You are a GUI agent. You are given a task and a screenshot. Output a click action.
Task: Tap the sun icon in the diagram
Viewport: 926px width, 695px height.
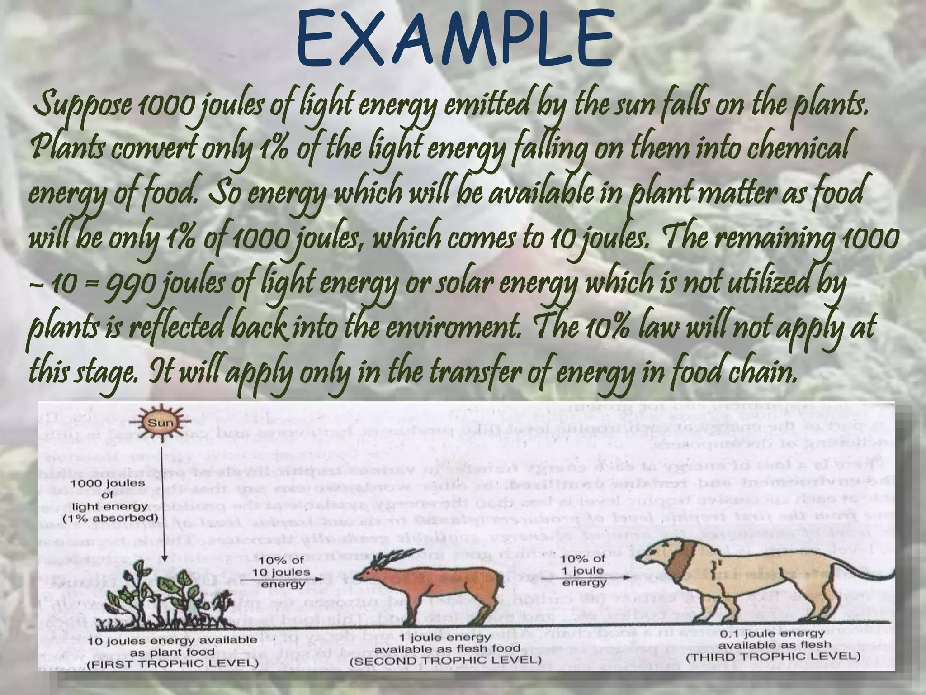tap(161, 424)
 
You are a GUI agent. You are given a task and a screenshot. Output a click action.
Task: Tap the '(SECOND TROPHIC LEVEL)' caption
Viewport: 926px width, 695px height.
tap(445, 659)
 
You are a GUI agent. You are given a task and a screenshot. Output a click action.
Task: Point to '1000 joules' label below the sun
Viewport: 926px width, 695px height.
tap(108, 483)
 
